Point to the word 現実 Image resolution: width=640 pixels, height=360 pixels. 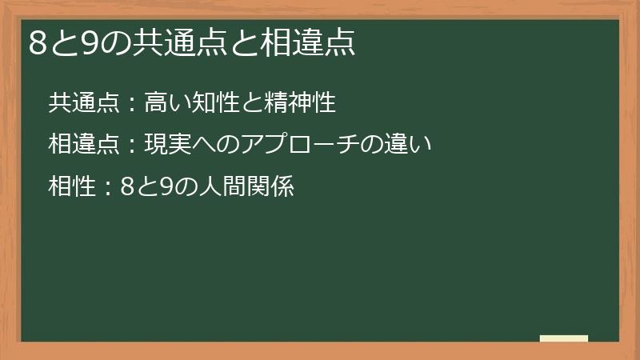pos(167,146)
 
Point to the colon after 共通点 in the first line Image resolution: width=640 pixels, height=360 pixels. pos(133,104)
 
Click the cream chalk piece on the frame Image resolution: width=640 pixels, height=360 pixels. pos(563,338)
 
